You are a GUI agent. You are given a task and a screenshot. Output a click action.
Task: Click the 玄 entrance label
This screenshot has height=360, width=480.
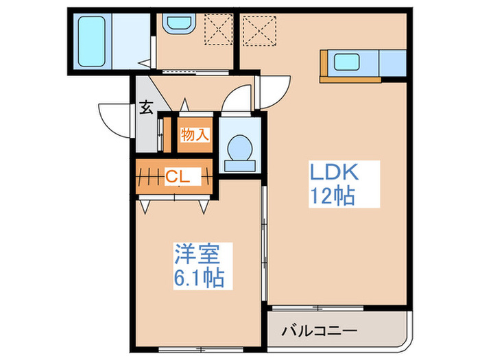tap(146, 107)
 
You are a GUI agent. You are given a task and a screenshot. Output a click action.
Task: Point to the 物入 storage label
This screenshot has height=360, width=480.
tap(194, 134)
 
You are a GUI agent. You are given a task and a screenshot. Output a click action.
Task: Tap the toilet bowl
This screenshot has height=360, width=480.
tap(239, 147)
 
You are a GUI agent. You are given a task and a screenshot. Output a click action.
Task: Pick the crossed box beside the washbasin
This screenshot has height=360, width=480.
tap(219, 29)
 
